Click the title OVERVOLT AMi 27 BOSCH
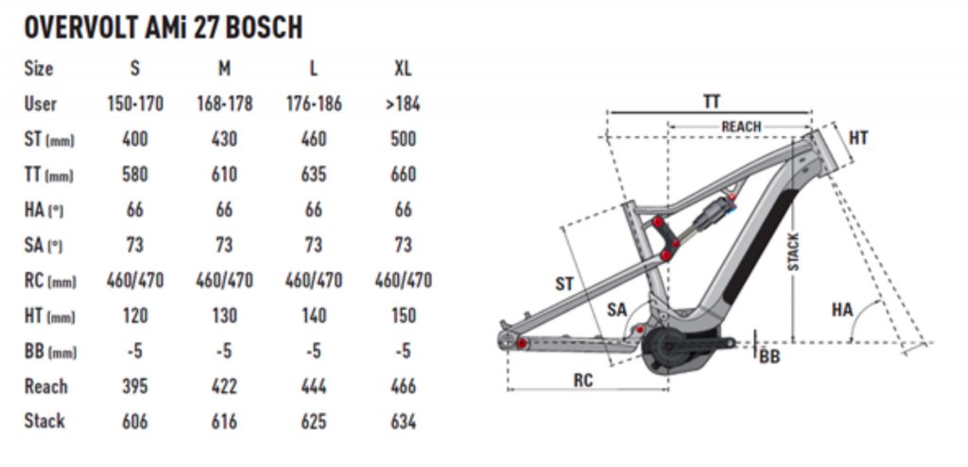coord(163,27)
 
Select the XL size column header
coord(403,68)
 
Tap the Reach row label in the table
coord(46,386)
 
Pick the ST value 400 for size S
coord(135,139)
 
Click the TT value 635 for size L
coord(313,175)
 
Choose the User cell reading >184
coord(403,104)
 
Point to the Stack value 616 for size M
coord(224,422)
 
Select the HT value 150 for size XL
coord(403,317)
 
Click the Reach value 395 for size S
coord(135,386)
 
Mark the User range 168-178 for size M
coord(224,104)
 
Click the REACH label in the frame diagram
coord(741,127)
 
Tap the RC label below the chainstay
coord(584,380)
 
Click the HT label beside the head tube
coord(857,138)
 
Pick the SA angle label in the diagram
coord(617,309)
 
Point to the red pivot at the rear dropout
coord(521,342)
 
